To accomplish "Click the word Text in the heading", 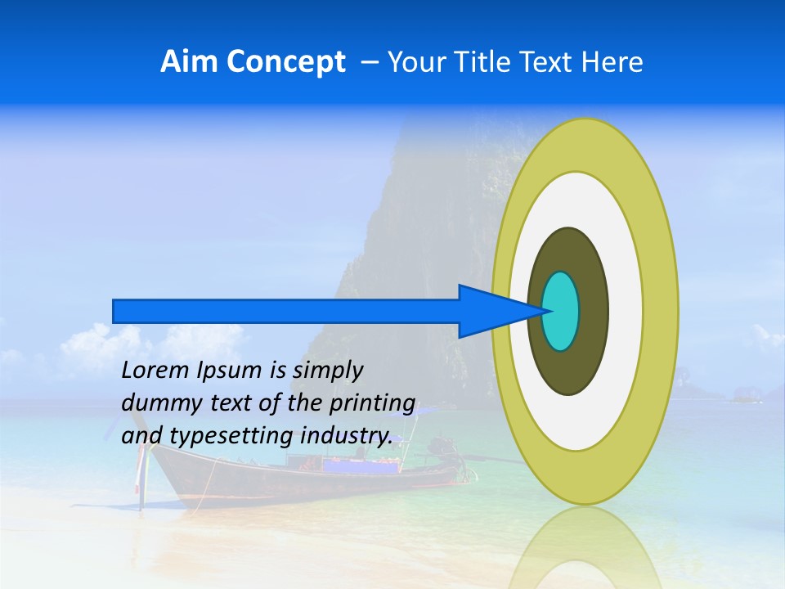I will [x=549, y=62].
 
